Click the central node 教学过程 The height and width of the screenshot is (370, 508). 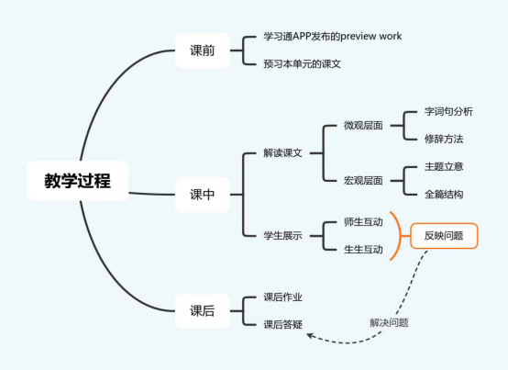point(78,181)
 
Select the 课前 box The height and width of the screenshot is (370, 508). point(203,50)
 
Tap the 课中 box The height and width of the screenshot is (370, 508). point(203,195)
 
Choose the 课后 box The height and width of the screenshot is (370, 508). point(203,310)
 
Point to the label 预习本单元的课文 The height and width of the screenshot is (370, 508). point(302,64)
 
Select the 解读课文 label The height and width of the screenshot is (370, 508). point(282,152)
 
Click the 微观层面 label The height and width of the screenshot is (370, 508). point(363,126)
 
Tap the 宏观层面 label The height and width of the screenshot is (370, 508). point(363,181)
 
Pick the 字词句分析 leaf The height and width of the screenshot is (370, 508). point(448,112)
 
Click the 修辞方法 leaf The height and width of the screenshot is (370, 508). point(444,140)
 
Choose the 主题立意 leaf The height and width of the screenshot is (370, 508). point(444,167)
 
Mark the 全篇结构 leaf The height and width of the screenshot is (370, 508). point(444,195)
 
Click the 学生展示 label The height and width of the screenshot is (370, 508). point(282,235)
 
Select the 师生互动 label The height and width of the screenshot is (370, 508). point(363,222)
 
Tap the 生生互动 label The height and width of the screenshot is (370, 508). point(363,250)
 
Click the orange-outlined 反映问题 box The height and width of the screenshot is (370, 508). point(444,236)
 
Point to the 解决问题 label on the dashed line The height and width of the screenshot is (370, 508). point(389,322)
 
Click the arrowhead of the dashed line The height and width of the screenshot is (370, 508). point(309,336)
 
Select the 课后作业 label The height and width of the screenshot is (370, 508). point(282,297)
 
